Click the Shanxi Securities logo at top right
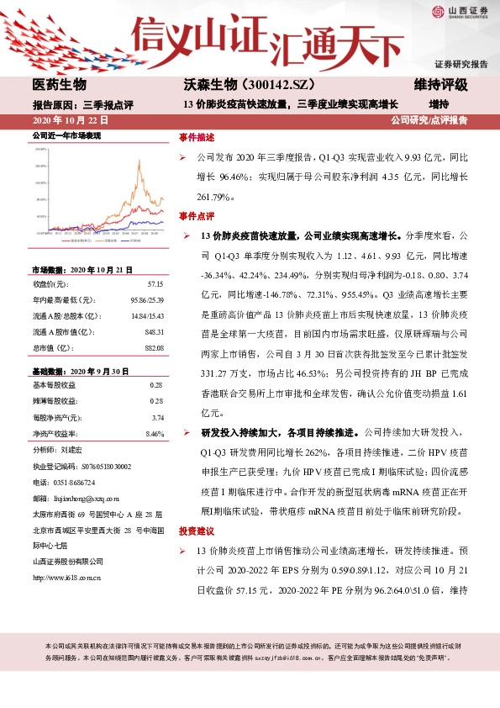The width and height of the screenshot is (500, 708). click(x=463, y=12)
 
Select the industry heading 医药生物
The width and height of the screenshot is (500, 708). click(x=59, y=86)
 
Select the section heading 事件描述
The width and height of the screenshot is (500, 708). click(x=197, y=137)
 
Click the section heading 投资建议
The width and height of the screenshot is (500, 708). click(x=197, y=531)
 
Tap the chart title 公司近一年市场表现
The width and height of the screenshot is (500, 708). click(x=66, y=135)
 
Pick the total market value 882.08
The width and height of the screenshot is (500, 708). click(x=153, y=347)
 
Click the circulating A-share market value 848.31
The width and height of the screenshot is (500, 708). click(x=153, y=333)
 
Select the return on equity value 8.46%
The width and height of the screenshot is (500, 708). click(x=155, y=433)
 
